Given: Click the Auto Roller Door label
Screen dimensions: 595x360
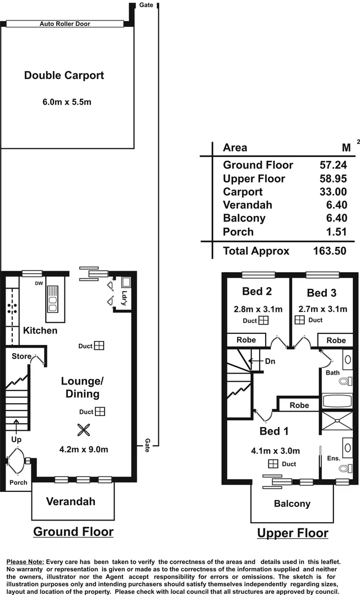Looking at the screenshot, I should [x=65, y=24].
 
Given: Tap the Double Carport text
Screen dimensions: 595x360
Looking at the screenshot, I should [x=64, y=75].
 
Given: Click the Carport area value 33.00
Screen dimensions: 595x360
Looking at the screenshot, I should [x=333, y=192].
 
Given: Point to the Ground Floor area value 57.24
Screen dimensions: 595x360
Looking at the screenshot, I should [x=333, y=165].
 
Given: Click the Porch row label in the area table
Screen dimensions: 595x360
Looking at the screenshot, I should [x=238, y=232].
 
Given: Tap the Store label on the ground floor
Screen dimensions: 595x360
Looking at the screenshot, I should [x=22, y=356].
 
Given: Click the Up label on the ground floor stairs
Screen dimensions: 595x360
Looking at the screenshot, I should [x=17, y=440].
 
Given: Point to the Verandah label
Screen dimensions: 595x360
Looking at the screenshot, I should [x=71, y=501].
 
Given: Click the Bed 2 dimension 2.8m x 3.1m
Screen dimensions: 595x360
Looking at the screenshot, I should [x=257, y=309].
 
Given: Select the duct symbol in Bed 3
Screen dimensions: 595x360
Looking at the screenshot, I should [x=300, y=320].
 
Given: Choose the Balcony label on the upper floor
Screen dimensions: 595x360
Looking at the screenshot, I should [x=292, y=504].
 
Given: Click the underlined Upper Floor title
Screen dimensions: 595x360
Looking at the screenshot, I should [x=292, y=533].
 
